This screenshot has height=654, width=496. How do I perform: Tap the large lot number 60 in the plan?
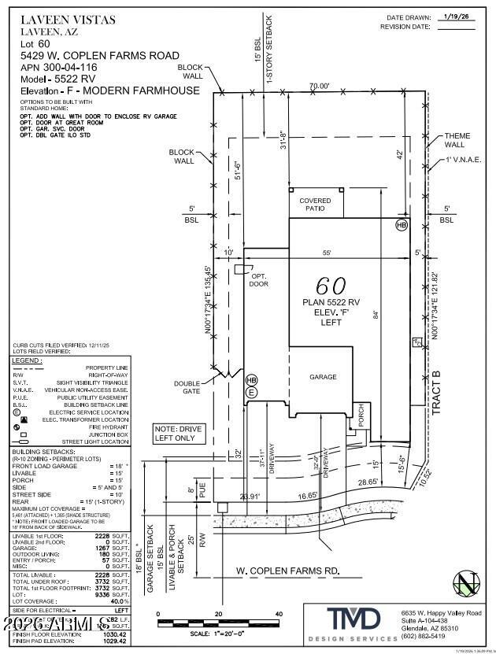[x=331, y=285]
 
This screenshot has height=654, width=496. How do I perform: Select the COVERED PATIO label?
[x=316, y=205]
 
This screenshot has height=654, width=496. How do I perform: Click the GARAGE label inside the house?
[x=323, y=377]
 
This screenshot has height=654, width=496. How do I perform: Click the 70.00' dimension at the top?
[x=319, y=86]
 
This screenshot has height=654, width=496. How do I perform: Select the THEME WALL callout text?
[x=457, y=141]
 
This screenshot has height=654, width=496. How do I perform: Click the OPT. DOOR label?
[x=258, y=279]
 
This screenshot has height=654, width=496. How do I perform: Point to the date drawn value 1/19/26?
[x=457, y=16]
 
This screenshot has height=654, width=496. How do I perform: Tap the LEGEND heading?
[x=27, y=360]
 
